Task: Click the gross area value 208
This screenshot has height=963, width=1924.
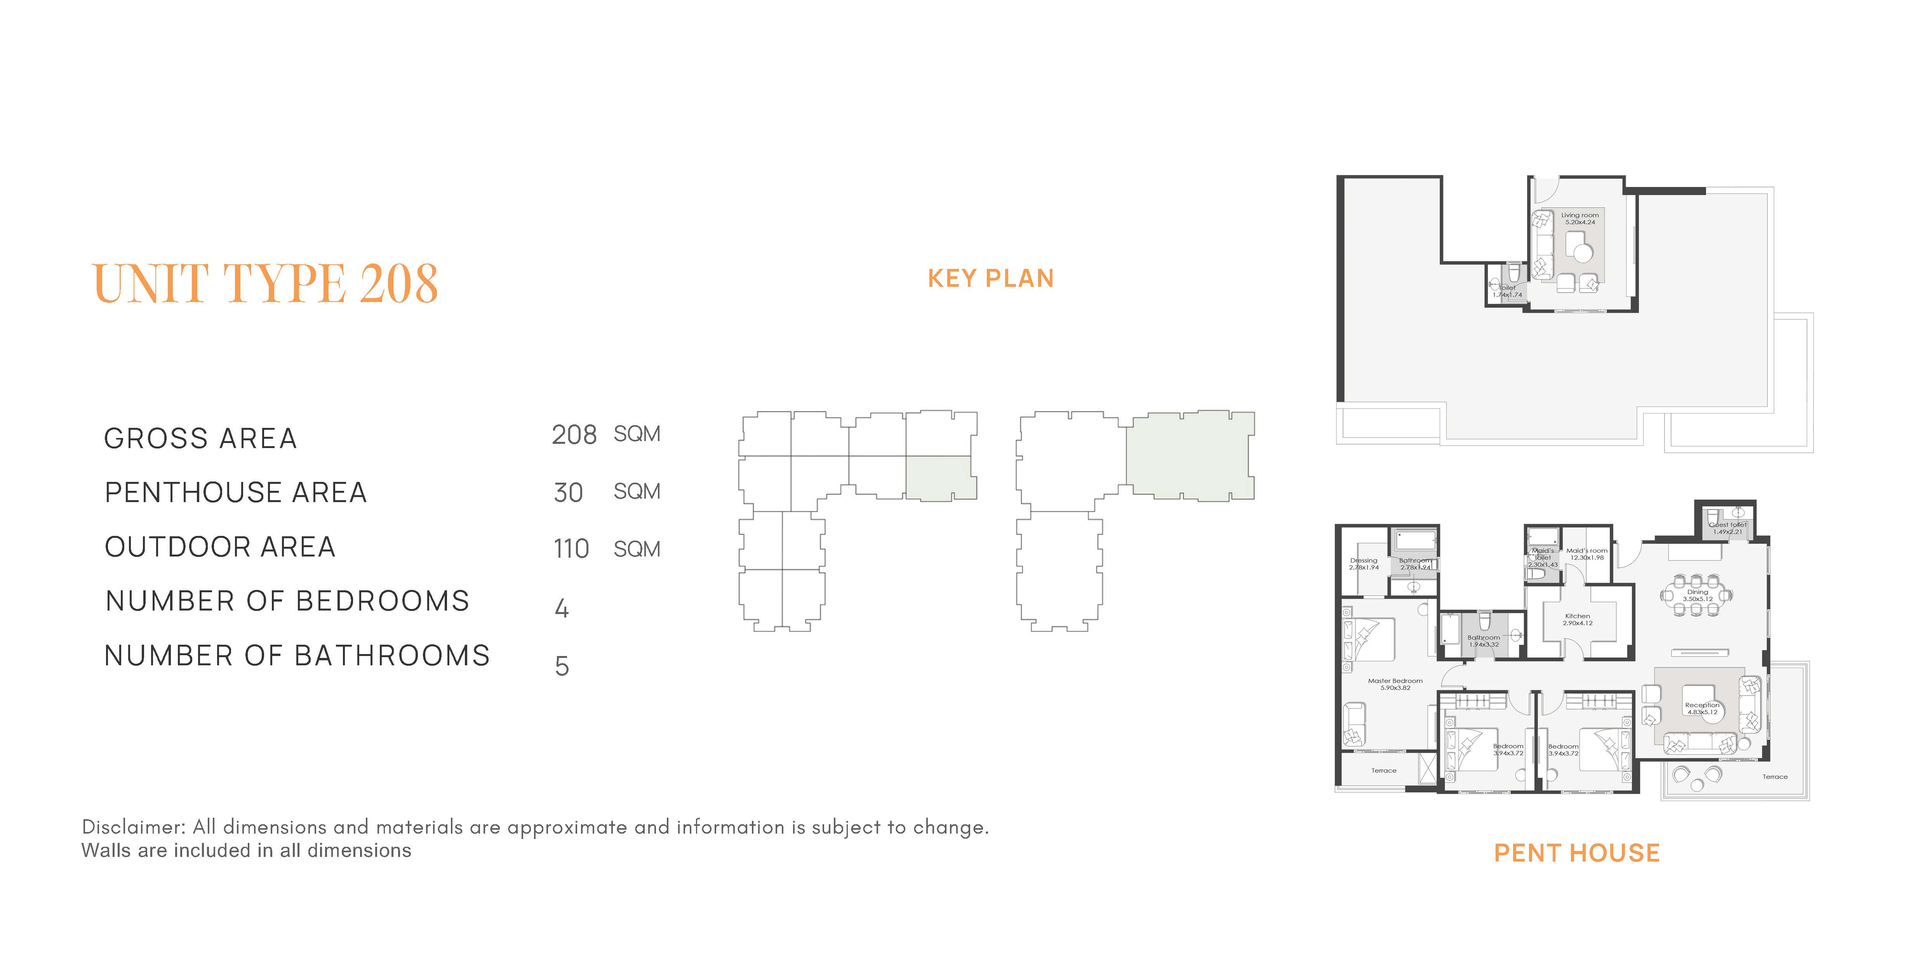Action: coord(574,435)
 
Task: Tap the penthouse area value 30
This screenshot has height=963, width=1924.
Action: coord(568,492)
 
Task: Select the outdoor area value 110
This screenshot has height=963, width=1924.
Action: coord(571,549)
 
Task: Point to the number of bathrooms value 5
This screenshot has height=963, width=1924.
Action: coord(562,666)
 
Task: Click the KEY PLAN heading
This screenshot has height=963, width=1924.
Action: coord(990,279)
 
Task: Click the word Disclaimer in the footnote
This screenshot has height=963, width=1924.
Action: coord(133,827)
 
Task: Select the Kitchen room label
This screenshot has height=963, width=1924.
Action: coord(1578,616)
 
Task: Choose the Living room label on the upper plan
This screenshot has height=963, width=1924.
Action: coord(1580,215)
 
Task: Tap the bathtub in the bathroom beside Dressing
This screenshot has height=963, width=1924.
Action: coord(1414,539)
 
